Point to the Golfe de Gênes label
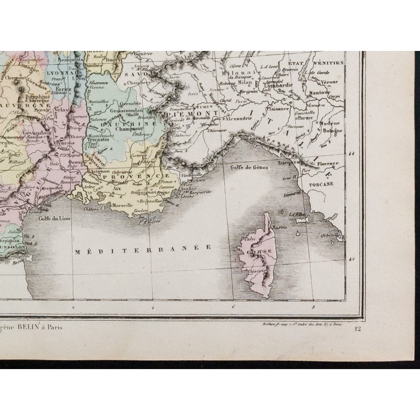(249, 167)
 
